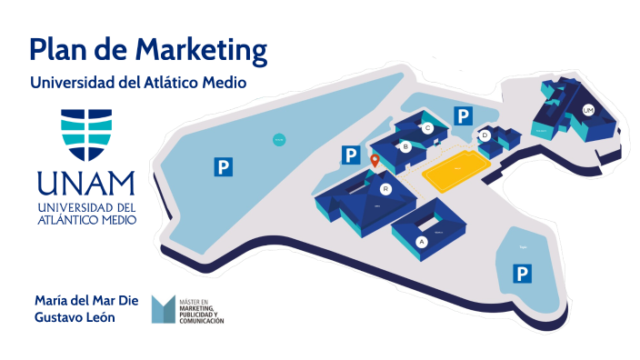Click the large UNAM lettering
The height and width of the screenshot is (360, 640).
(86, 185)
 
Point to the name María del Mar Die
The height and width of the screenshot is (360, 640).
(85, 299)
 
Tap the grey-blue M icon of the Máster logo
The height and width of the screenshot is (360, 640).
(164, 309)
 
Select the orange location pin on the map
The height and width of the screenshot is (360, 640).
(374, 161)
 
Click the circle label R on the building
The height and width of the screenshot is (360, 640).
(385, 189)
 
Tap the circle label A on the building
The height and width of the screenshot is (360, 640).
(420, 242)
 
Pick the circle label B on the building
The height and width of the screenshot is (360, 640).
(405, 145)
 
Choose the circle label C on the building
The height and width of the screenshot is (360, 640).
(426, 128)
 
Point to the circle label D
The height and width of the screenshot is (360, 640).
(485, 135)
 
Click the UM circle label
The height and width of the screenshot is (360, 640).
(587, 111)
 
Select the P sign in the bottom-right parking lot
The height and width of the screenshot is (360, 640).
(523, 272)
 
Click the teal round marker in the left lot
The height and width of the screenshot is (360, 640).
(279, 139)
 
